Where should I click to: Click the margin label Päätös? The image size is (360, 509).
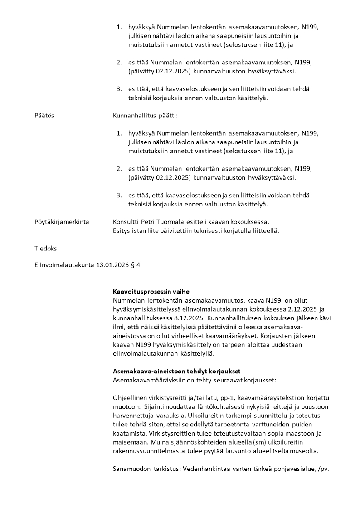pos(44,116)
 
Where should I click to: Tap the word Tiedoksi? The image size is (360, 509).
pos(46,248)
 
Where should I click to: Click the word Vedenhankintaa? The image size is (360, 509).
pos(205,468)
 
